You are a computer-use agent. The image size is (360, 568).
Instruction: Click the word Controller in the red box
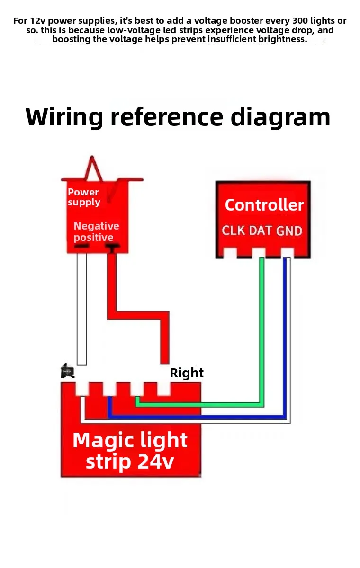[264, 205]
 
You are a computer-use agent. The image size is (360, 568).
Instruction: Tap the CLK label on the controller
[234, 231]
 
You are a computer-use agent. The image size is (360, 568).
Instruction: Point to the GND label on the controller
[289, 231]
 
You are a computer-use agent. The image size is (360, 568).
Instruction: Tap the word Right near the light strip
[187, 373]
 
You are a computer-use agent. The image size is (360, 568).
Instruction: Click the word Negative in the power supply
[96, 226]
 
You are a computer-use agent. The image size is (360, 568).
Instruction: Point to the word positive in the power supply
[93, 238]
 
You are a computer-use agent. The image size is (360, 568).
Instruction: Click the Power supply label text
[84, 197]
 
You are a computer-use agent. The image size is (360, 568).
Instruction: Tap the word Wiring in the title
[64, 117]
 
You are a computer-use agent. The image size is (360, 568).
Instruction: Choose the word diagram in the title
[280, 117]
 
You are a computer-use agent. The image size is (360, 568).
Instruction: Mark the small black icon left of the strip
[67, 371]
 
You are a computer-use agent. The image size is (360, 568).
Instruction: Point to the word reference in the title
[167, 117]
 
